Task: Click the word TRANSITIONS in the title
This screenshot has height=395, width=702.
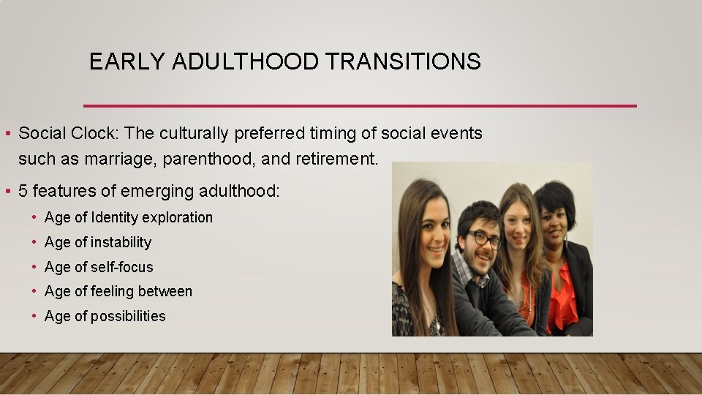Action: [x=404, y=61]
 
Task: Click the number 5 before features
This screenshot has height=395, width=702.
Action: [x=23, y=191]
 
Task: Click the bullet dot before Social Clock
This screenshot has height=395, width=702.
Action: [x=6, y=134]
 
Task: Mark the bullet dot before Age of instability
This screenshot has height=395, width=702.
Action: [x=34, y=242]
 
